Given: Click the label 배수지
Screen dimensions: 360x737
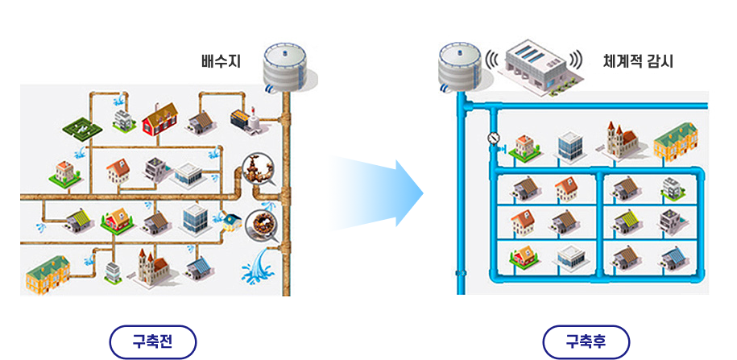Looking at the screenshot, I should (221, 60).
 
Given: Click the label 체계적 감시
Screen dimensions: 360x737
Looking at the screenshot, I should (638, 60).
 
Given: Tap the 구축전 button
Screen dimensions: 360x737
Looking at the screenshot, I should (153, 341).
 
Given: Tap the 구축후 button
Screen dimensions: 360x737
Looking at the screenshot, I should (586, 341).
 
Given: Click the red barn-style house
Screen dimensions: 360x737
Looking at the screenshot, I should (160, 119).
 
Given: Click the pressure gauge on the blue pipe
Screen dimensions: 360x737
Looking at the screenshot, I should (494, 139).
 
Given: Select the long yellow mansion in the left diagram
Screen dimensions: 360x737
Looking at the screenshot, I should (48, 272).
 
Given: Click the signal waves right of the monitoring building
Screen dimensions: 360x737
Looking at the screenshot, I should (575, 60).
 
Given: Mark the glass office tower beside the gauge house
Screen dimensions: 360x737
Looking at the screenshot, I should (569, 146).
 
